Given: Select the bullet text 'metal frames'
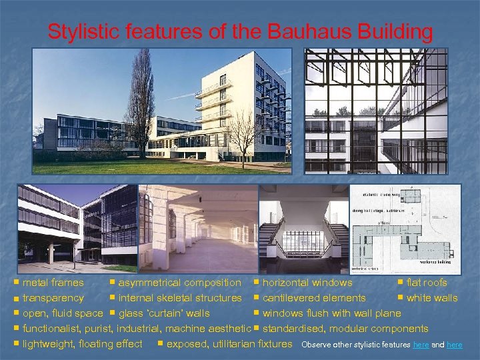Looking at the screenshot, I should (x=53, y=283).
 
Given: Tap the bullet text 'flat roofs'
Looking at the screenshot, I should (x=427, y=283).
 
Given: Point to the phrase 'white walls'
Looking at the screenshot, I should (x=432, y=298).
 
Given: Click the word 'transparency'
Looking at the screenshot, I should (x=53, y=298).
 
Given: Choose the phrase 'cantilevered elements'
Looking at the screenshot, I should (x=314, y=298).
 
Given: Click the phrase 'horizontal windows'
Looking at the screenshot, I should (x=307, y=283).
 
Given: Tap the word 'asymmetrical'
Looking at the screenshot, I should (x=149, y=283).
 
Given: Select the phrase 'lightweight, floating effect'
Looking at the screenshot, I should (x=83, y=344).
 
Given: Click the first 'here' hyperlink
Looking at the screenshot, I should (x=421, y=345).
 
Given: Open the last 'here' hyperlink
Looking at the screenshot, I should (x=454, y=345).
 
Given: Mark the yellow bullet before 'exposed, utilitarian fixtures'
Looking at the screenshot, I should (x=160, y=343).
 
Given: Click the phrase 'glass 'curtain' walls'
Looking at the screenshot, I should (x=164, y=313).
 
